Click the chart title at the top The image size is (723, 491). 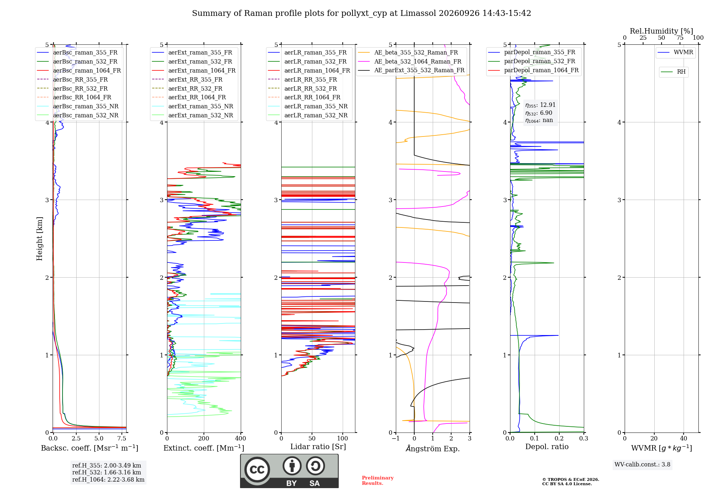(x=361, y=13)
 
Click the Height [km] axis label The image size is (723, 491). (x=39, y=239)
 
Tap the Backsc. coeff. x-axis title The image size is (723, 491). (x=90, y=448)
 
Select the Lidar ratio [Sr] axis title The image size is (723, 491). (x=318, y=447)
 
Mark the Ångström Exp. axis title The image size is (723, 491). (x=433, y=448)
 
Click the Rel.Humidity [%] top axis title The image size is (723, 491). (x=662, y=31)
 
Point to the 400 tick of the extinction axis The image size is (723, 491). (x=241, y=438)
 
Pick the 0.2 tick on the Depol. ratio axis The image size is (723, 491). (x=559, y=438)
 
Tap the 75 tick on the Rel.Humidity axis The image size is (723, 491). (x=680, y=38)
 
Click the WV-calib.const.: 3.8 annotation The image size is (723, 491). (x=642, y=465)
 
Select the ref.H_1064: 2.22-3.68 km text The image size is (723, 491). (x=108, y=480)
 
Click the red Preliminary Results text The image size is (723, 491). (x=378, y=481)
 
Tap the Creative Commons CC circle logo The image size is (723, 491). (x=257, y=470)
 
